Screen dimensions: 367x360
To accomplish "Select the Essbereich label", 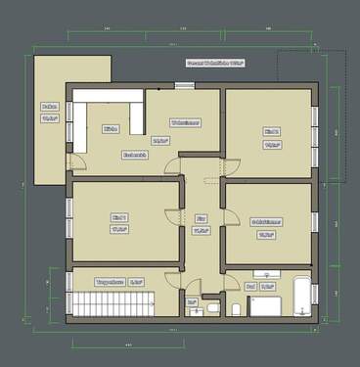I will pyautogui.click(x=135, y=154).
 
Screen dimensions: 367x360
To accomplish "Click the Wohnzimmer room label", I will pyautogui.click(x=185, y=123).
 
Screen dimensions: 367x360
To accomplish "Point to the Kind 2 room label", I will pyautogui.click(x=272, y=130).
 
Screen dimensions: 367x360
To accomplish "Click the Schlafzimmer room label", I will pyautogui.click(x=266, y=221).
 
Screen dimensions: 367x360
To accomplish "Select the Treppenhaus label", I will pyautogui.click(x=107, y=282).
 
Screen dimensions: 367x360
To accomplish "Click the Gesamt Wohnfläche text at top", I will pyautogui.click(x=214, y=63).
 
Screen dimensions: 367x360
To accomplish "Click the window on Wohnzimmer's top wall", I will pyautogui.click(x=185, y=86).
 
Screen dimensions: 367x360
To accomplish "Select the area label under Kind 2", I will pyautogui.click(x=272, y=144).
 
